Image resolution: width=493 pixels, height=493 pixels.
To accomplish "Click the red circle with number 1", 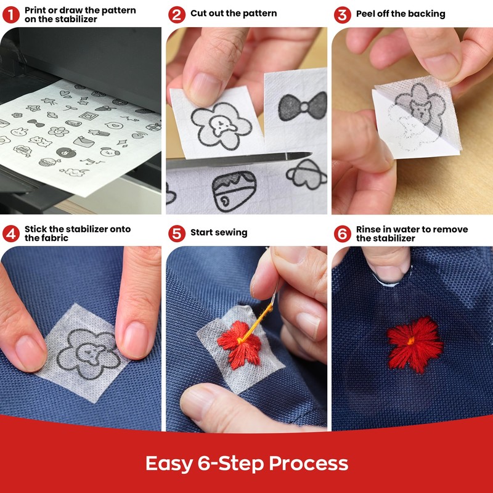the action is click(x=11, y=14).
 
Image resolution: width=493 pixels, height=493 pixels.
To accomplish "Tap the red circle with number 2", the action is click(x=177, y=14).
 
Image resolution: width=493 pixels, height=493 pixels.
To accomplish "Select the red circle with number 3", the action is click(x=343, y=14).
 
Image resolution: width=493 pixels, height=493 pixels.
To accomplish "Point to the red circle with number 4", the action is click(x=11, y=234).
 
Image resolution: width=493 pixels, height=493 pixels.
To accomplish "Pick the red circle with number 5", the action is click(x=177, y=234).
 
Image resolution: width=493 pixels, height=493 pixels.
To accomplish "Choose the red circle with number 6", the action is click(x=343, y=234).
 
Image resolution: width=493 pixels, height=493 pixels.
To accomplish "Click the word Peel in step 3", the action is click(x=365, y=14).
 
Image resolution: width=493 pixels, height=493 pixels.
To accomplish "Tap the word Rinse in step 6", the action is click(x=368, y=229).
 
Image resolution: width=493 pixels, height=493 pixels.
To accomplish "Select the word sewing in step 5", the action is click(x=231, y=233).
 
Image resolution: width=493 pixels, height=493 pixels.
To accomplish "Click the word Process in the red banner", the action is click(x=309, y=463).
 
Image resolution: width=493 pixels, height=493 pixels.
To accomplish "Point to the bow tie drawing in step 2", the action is click(x=303, y=107).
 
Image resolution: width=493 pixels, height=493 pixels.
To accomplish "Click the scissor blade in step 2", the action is click(x=239, y=160).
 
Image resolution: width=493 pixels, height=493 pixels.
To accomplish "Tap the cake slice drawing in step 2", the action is click(x=234, y=191).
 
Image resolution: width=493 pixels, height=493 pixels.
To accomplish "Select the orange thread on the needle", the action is click(x=256, y=322).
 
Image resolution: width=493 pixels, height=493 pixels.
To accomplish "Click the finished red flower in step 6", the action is click(x=414, y=344).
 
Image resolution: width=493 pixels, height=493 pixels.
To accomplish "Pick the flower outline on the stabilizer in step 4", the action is click(x=89, y=353).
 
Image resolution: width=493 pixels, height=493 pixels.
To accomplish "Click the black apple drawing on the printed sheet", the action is click(x=66, y=152).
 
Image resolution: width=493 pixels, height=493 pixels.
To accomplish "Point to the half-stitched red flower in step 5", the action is click(x=240, y=344).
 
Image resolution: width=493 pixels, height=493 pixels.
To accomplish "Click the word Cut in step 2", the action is click(x=197, y=13).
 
